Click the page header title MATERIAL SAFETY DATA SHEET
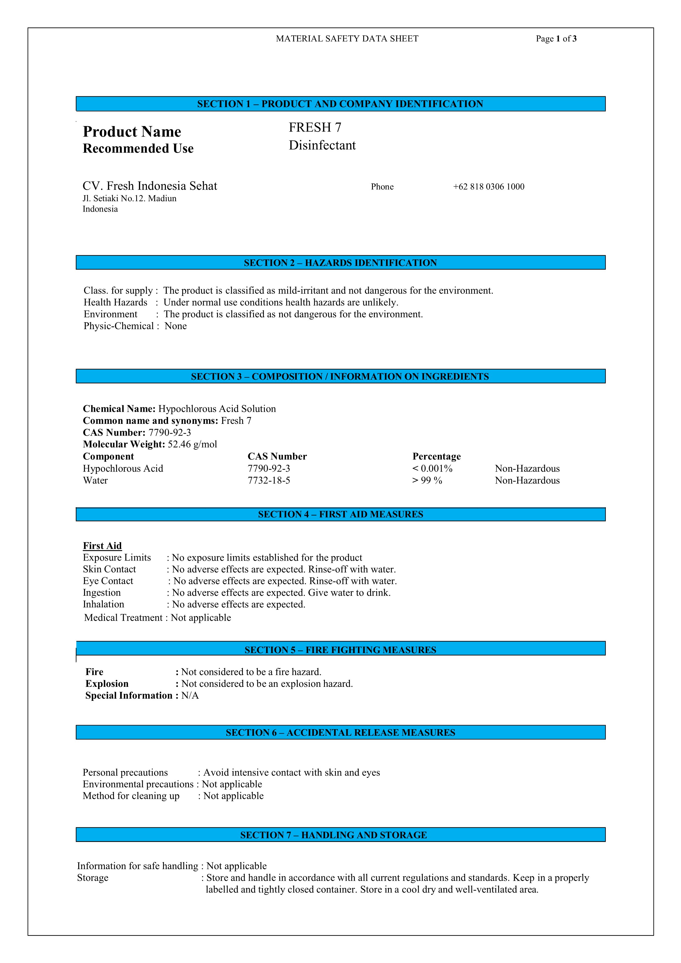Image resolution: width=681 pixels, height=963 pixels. [347, 39]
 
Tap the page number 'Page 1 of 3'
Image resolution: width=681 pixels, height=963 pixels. [556, 39]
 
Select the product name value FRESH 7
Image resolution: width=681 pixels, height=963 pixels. [315, 127]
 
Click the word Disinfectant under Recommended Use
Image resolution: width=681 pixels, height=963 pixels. [322, 145]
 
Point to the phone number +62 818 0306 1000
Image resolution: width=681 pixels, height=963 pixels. [489, 187]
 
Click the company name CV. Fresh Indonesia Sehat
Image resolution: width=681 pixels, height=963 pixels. [150, 186]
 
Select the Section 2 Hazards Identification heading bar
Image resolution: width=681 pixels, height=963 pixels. [340, 262]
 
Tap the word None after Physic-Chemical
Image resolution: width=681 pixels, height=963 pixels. [175, 326]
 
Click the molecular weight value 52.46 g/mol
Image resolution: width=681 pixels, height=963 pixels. [192, 444]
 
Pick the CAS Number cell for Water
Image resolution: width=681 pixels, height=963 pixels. [269, 480]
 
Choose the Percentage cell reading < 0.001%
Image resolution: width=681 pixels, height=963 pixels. [432, 469]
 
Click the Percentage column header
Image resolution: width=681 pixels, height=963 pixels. [436, 456]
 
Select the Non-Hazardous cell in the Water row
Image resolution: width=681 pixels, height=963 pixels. [527, 480]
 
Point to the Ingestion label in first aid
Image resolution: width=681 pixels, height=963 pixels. [102, 593]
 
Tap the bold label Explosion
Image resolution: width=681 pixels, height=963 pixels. [107, 684]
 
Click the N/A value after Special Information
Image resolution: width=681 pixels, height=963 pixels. [190, 695]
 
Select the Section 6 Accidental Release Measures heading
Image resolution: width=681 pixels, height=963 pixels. [340, 732]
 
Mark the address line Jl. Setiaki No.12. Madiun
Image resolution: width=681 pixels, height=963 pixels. [129, 198]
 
